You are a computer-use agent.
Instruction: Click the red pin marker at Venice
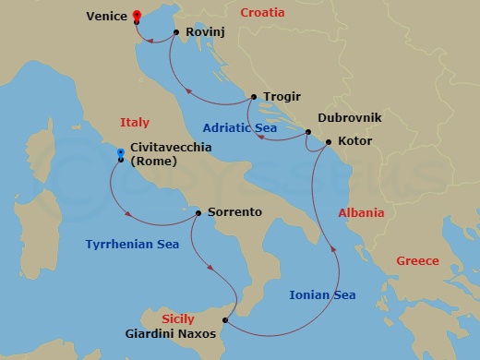(x=137, y=16)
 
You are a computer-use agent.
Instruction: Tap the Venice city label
(x=106, y=17)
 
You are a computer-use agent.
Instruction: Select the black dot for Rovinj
(x=176, y=32)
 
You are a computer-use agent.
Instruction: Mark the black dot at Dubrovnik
(x=308, y=133)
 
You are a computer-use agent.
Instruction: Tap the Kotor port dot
(x=328, y=142)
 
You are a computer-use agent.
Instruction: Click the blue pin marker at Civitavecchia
(x=121, y=153)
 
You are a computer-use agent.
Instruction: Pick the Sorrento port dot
(x=198, y=212)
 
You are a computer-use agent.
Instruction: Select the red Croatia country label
(x=263, y=13)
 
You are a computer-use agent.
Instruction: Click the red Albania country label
(x=361, y=213)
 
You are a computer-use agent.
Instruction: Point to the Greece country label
(x=417, y=261)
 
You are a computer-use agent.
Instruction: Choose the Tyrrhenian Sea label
(x=132, y=245)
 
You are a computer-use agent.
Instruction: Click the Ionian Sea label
(x=322, y=295)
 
